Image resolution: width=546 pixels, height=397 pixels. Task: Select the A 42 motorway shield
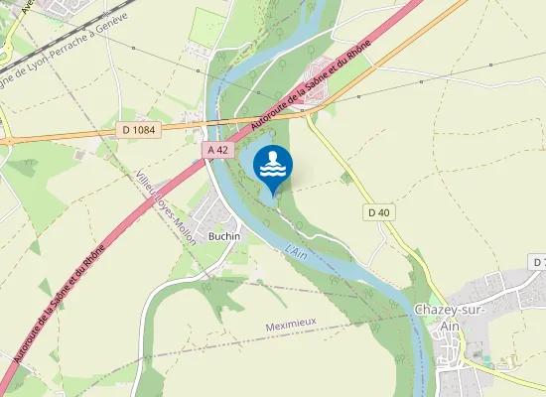tap(219, 149)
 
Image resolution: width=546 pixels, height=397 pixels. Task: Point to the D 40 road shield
tap(378, 211)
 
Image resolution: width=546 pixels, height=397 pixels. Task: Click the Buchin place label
tap(224, 236)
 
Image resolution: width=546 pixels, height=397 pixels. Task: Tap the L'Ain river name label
tap(297, 253)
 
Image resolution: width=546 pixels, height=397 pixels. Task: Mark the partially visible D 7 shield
tap(539, 261)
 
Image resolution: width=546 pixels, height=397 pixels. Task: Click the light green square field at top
tap(208, 25)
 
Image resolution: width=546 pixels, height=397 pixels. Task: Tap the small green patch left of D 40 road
tap(345, 178)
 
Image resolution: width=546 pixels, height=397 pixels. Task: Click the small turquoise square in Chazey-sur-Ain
tap(475, 352)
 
